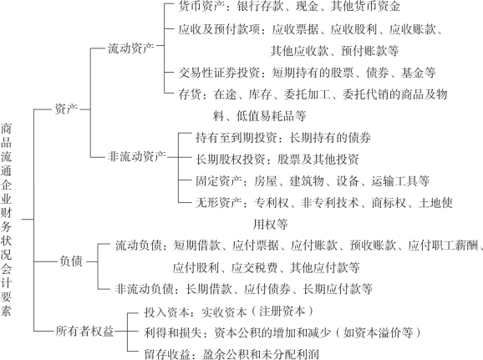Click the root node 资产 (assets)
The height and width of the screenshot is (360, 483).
(x=66, y=109)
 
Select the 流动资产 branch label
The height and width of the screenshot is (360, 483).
(x=131, y=48)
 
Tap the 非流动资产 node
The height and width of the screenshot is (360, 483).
(x=137, y=156)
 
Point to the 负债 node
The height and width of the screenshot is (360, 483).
(x=71, y=261)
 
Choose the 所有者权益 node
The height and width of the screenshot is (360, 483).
(x=84, y=331)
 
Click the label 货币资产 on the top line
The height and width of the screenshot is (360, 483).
(x=201, y=6)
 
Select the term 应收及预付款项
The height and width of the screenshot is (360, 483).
(x=219, y=29)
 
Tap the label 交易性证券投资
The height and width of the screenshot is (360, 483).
(x=219, y=73)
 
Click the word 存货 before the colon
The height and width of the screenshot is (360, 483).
(x=190, y=94)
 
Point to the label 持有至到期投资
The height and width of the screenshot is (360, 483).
(x=236, y=138)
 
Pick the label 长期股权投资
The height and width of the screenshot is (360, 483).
(x=231, y=160)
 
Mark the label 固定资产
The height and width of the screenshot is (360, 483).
(x=219, y=180)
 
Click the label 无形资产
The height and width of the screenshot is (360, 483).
(x=219, y=203)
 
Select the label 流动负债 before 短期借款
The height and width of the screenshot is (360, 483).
(x=139, y=246)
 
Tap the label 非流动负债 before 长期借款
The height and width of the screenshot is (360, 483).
(x=145, y=289)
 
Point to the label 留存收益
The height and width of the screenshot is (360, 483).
(x=167, y=354)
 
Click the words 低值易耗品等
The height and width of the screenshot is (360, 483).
(x=272, y=116)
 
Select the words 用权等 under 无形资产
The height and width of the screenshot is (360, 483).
(x=271, y=224)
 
